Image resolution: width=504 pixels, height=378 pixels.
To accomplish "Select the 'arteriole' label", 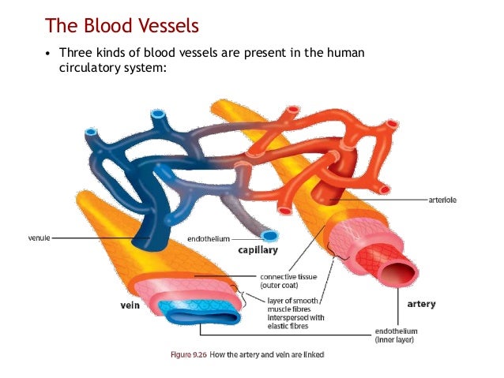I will [441, 200].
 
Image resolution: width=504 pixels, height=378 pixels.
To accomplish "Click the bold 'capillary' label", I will [258, 250].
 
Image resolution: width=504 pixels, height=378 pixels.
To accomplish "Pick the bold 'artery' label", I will [421, 303].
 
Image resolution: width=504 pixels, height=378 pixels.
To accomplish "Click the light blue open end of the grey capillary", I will [269, 235].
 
